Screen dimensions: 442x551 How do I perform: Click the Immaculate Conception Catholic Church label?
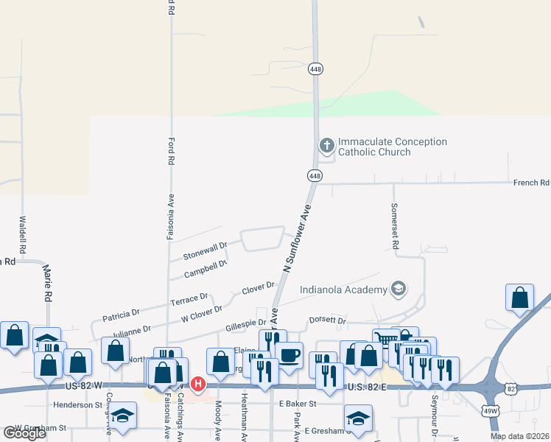coord(392,147)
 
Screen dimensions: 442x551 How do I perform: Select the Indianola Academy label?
coord(344,289)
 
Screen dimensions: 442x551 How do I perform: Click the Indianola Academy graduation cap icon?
coord(399,288)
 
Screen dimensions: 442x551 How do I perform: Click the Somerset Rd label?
coord(395,225)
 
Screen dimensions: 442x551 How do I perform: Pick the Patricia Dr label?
coord(120,313)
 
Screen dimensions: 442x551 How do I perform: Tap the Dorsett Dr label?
coord(328,321)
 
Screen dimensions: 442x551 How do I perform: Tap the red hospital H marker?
coord(197,384)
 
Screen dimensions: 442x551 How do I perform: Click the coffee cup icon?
coord(289,355)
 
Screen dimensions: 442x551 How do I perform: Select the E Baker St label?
coord(297,404)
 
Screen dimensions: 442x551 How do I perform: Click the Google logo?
coord(24,433)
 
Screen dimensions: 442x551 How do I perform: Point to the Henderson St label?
coord(77,404)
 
